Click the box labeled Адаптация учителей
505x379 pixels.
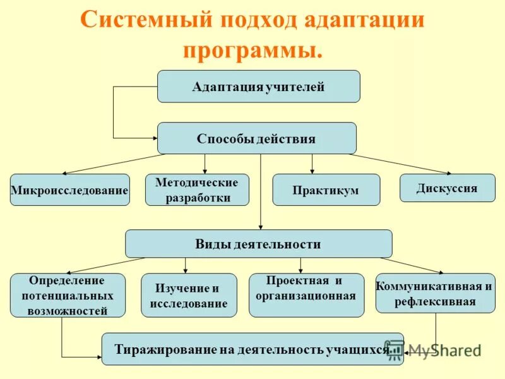pos(258,87)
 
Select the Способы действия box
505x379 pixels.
pos(256,138)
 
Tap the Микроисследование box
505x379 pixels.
pos(69,189)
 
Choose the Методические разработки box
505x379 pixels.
pos(197,190)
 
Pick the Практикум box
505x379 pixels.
pos(326,190)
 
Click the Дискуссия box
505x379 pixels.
pos(447,188)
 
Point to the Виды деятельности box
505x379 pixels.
pos(258,244)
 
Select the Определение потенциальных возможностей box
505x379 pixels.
pos(68,295)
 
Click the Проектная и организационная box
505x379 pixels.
pos(306,295)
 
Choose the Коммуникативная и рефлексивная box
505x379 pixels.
pos(435,293)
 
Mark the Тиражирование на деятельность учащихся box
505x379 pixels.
pos(252,349)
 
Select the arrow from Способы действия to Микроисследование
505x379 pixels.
pos(114,164)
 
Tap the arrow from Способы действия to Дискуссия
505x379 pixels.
pos(401,164)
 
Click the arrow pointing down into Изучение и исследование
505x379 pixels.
pos(185,265)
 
